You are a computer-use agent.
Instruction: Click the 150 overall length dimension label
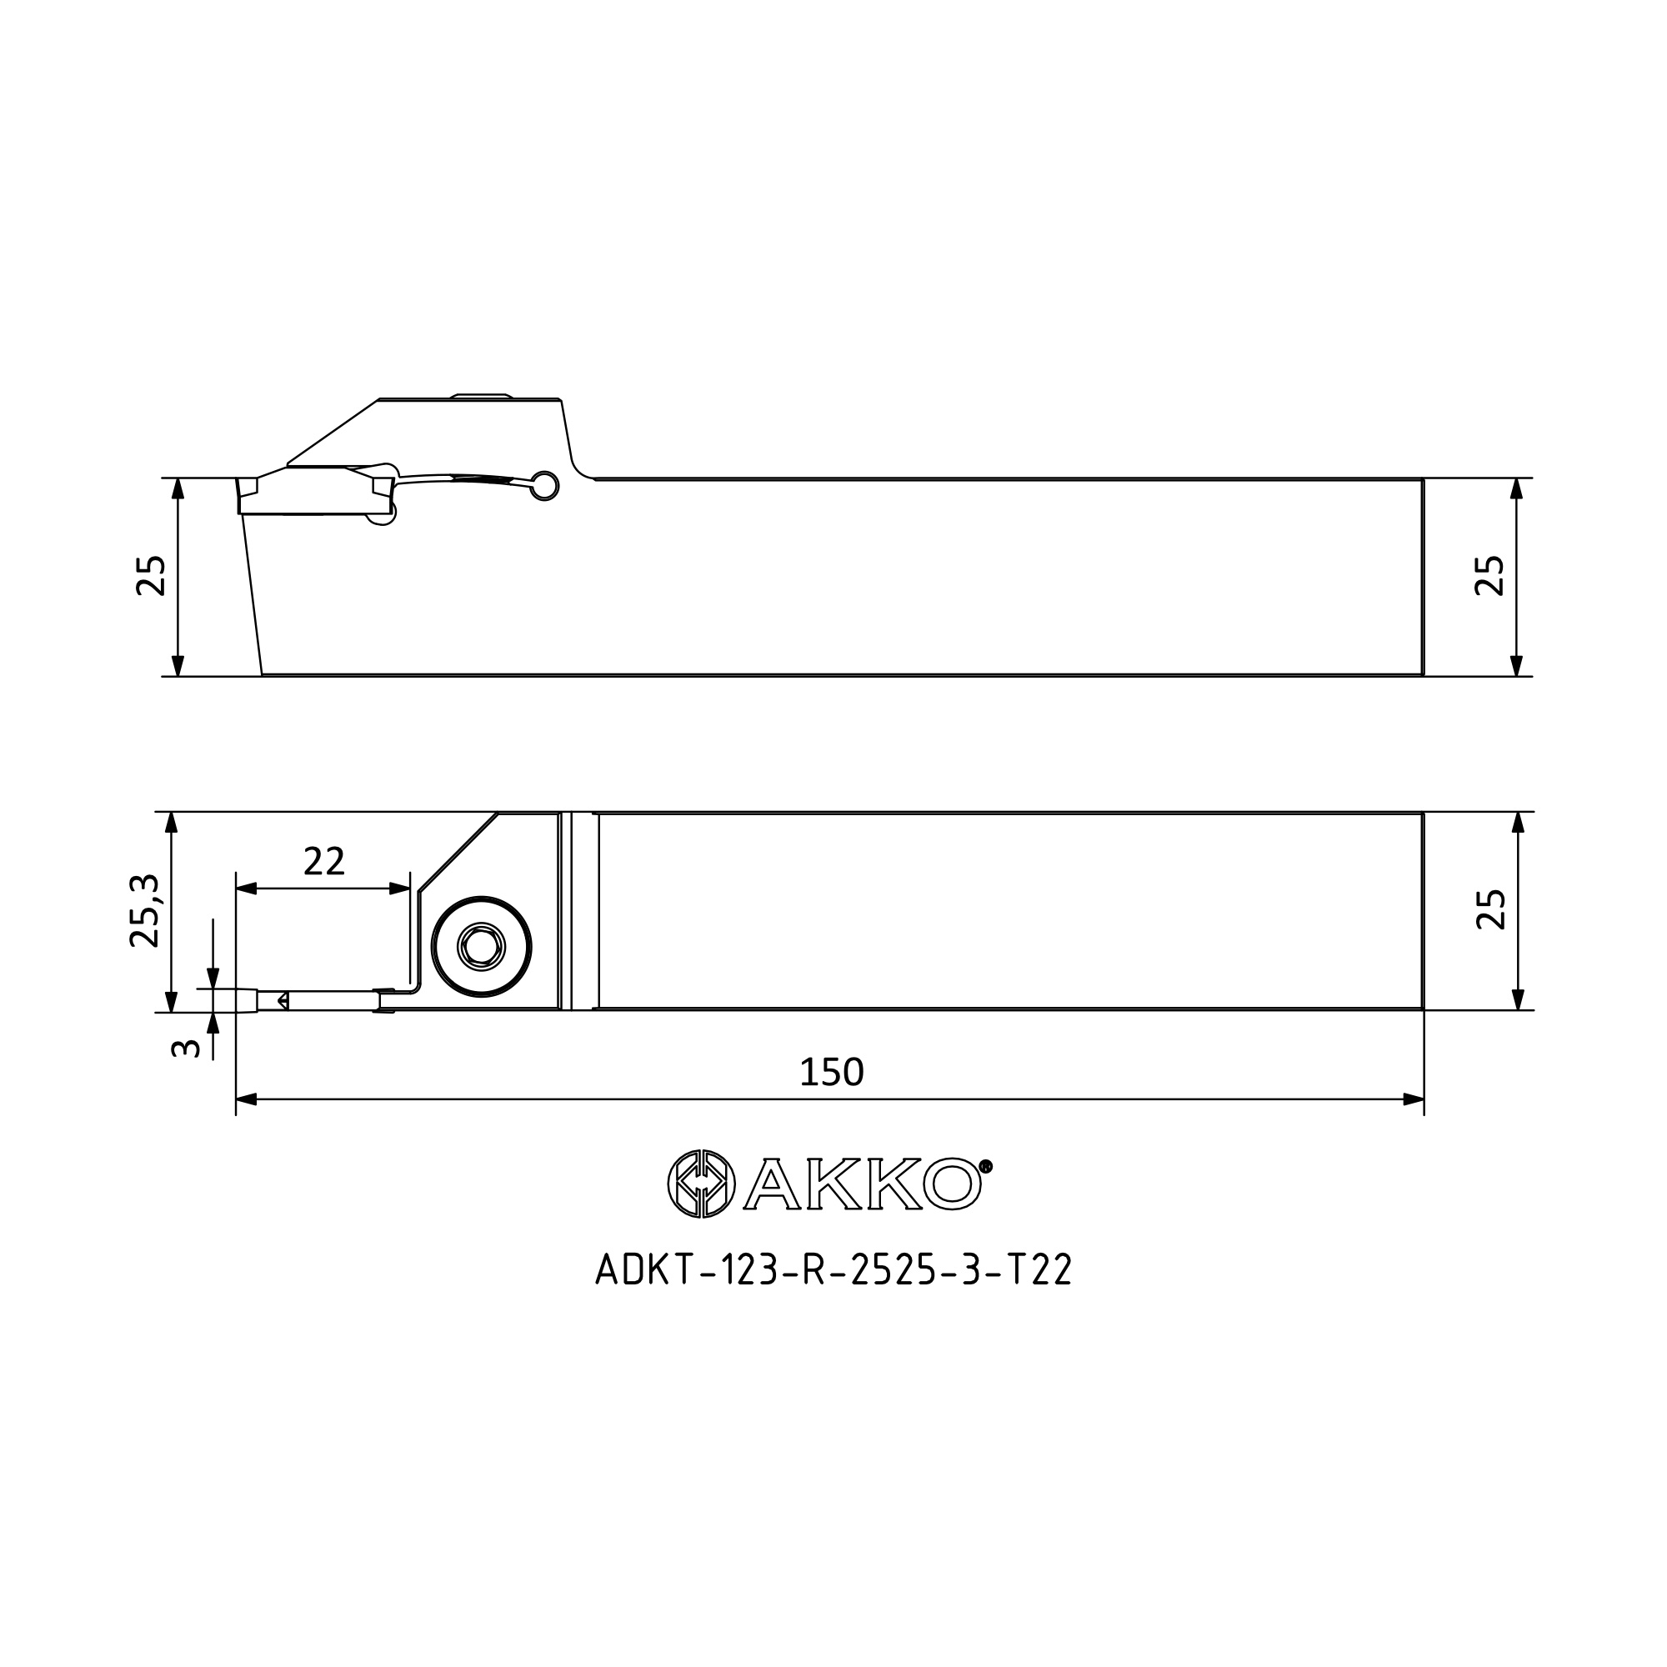click(831, 1073)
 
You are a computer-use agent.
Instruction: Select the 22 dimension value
click(323, 861)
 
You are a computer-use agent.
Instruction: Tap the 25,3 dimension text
click(145, 910)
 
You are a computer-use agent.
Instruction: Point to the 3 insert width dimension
click(187, 1049)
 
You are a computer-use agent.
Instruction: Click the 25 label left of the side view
click(150, 575)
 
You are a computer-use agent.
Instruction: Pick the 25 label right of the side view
click(1490, 575)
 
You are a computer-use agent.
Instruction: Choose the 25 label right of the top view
click(1491, 909)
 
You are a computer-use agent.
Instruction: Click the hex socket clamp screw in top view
click(482, 947)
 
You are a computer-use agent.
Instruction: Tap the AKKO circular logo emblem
click(702, 1184)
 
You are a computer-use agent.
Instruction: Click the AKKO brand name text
click(862, 1184)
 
